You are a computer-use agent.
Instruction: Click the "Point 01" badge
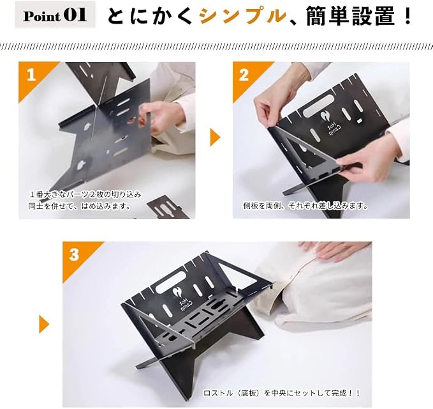point(55,15)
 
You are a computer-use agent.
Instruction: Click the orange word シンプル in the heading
point(243,16)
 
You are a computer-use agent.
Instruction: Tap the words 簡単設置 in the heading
point(350,16)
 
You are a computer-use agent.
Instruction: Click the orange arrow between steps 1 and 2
point(215,137)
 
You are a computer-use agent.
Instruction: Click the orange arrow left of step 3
point(44,324)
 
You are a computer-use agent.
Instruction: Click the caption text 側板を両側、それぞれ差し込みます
point(305,206)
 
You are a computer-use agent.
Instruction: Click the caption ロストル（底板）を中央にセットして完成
point(282,392)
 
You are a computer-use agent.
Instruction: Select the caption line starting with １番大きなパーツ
point(85,194)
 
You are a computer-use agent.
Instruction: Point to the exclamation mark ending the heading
point(407,16)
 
